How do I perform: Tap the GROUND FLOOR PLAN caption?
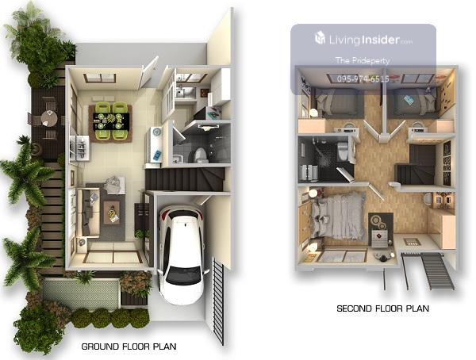point(129,347)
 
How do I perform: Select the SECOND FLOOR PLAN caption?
point(383,308)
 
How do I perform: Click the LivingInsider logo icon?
point(320,37)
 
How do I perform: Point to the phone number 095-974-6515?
point(363,79)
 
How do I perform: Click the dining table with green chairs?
point(111,121)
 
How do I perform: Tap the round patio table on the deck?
point(49,118)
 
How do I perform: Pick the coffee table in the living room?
point(111,213)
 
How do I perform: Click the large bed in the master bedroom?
point(337,216)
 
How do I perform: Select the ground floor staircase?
point(185,179)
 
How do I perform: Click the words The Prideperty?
point(363,60)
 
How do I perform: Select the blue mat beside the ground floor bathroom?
point(157,155)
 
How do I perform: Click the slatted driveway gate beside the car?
point(219,301)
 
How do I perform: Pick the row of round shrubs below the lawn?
point(110,318)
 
